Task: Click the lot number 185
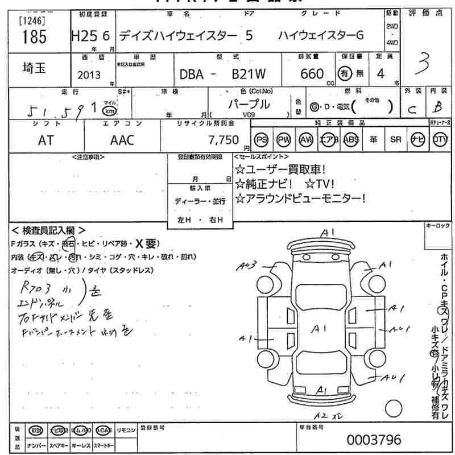(33, 37)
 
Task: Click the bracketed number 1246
(33, 22)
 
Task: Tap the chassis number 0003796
(374, 440)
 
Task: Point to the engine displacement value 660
(312, 73)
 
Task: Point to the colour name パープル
(249, 104)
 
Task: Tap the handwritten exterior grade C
(412, 108)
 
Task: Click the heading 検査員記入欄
(49, 230)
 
